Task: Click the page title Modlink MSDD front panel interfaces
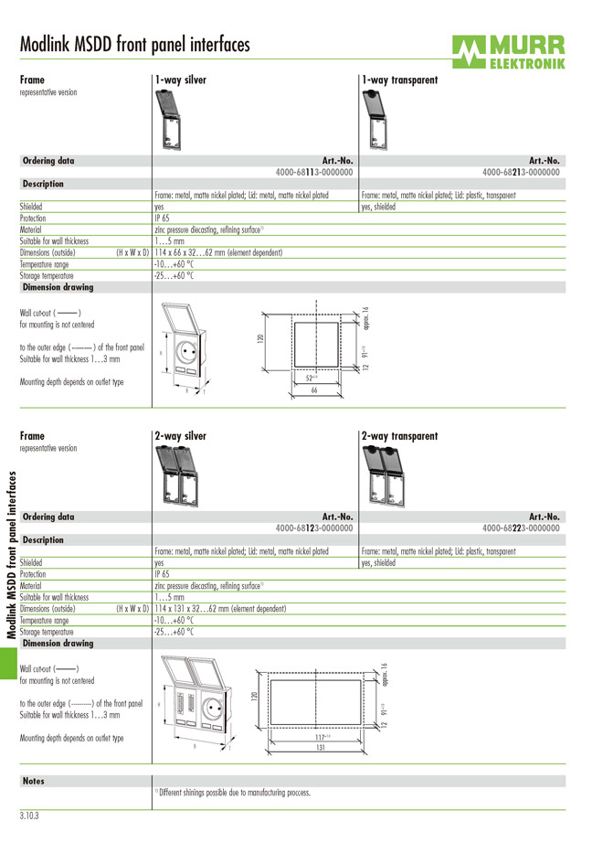point(134,44)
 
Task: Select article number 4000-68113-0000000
point(314,172)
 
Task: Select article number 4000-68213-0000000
point(521,172)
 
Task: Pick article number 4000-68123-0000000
point(314,528)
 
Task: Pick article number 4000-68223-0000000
point(521,528)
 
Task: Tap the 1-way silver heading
point(180,80)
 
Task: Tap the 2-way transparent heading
point(399,436)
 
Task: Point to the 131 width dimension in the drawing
point(321,747)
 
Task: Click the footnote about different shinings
point(233,793)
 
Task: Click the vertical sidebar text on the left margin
point(11,553)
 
